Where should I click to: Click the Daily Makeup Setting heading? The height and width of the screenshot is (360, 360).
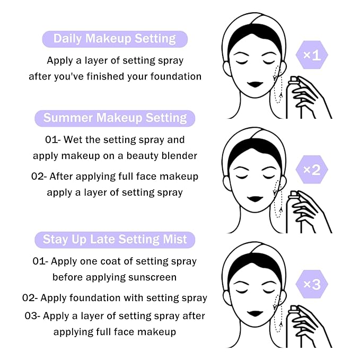[115, 39]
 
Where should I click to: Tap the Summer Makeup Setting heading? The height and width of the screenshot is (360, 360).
[115, 118]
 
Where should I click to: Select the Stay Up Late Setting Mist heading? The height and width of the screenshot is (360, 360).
[115, 240]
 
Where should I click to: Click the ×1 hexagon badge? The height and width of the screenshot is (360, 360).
[311, 55]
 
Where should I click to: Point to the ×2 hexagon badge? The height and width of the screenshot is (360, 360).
[311, 170]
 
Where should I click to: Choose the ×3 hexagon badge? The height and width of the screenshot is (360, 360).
[311, 284]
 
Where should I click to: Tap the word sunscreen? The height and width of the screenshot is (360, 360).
[152, 277]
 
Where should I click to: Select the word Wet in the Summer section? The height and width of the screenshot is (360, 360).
[72, 140]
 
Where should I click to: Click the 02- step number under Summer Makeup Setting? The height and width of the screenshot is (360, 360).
[39, 177]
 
